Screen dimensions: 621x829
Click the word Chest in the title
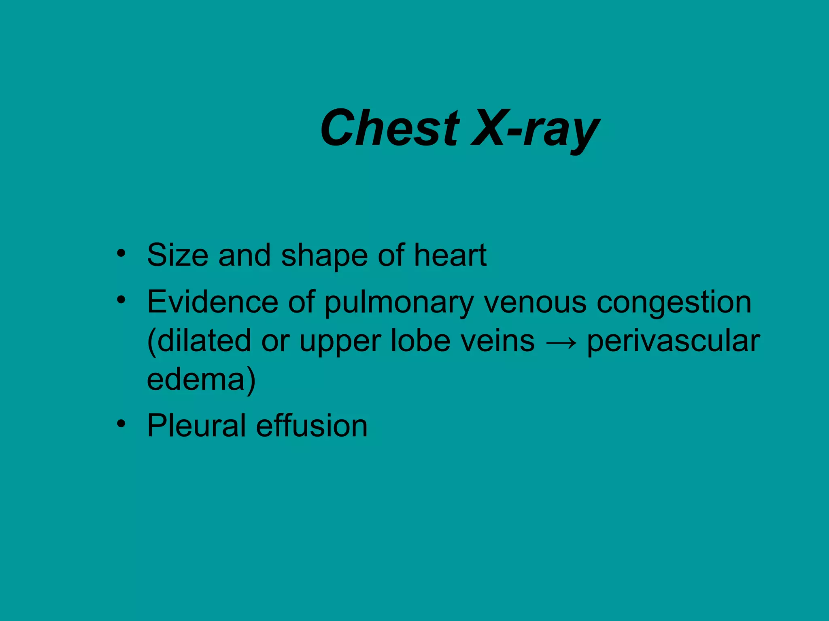[x=390, y=128]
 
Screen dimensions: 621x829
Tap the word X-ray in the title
[x=535, y=129]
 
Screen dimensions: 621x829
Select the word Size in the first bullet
[x=177, y=255]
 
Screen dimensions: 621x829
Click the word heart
[x=450, y=255]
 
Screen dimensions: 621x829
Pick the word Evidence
[x=212, y=302]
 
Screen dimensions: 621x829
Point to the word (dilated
[x=199, y=341]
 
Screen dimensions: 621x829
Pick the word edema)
[x=201, y=380]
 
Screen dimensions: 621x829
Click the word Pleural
[x=196, y=425]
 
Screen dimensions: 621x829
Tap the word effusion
[x=312, y=425]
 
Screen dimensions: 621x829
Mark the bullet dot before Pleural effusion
[x=121, y=424]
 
